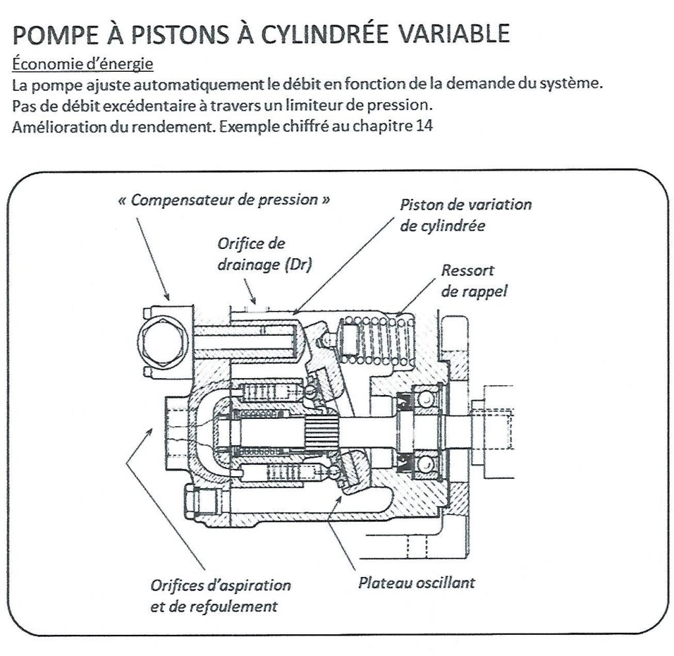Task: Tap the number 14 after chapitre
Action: click(425, 126)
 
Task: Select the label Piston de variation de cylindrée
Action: click(465, 215)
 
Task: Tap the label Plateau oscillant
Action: click(416, 583)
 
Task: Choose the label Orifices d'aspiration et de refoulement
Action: click(220, 595)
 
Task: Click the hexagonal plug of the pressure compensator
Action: click(164, 341)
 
